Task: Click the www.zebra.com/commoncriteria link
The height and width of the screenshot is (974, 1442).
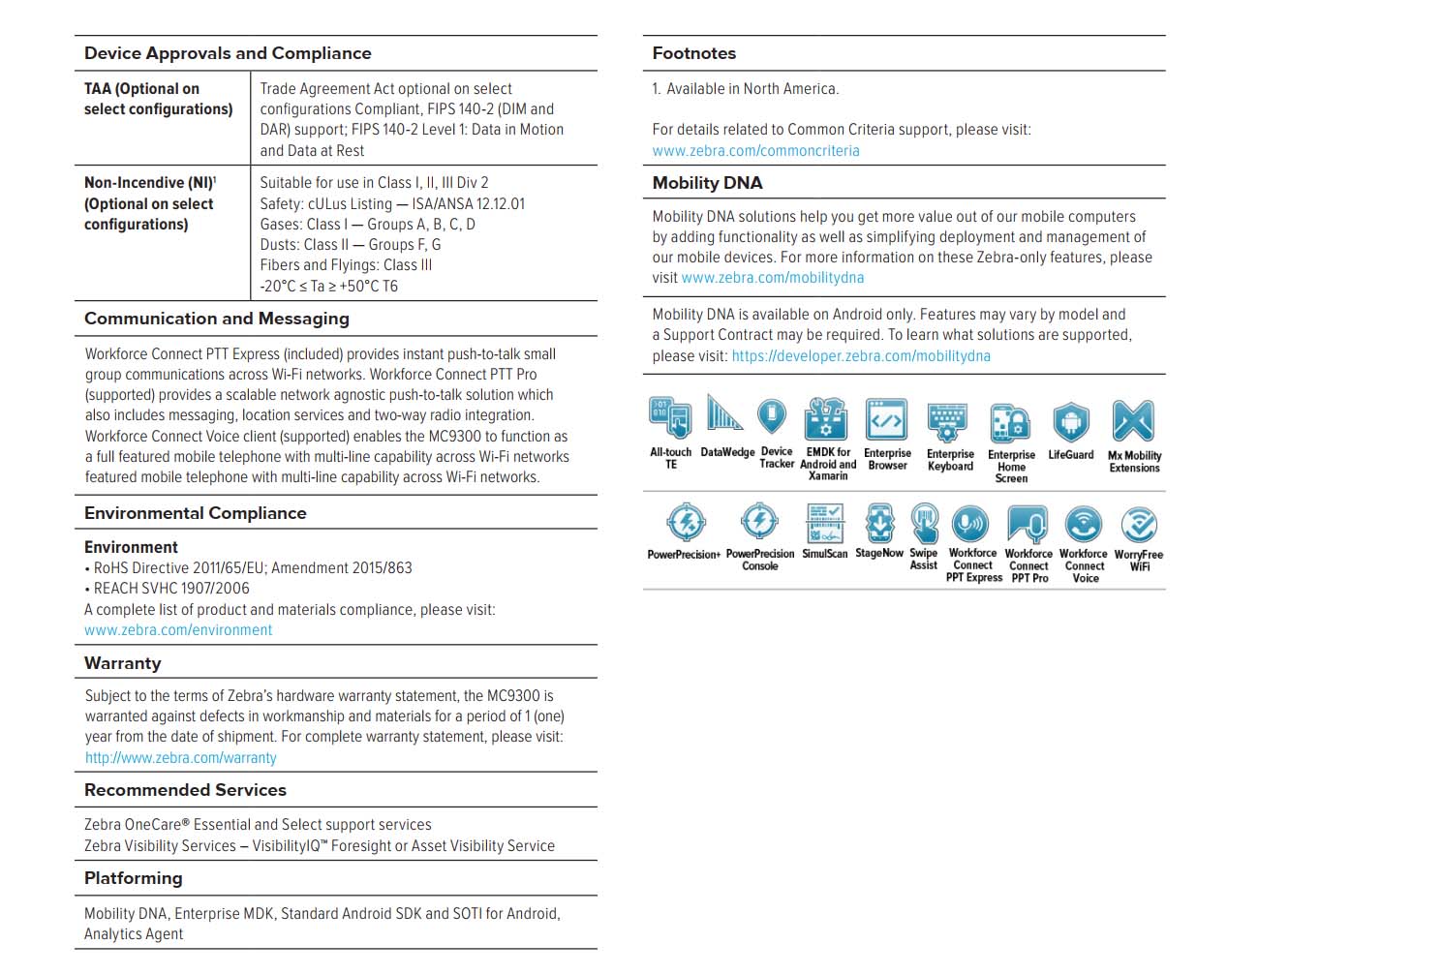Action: coord(755,150)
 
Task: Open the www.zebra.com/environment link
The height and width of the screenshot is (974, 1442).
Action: coord(178,630)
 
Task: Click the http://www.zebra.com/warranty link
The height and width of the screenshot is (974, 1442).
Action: coord(181,758)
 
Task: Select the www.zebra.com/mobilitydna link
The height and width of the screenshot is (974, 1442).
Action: coord(773,278)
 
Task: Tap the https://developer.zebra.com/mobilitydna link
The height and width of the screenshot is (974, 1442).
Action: coord(861,356)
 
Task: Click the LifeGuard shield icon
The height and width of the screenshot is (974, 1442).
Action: coord(1071,422)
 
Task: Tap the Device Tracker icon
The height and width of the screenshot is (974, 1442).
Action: coord(772,417)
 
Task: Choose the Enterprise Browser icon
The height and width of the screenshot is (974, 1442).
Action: coord(887,420)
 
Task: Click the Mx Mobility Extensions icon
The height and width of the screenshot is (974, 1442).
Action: coord(1133,422)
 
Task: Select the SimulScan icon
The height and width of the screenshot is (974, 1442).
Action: coord(824,523)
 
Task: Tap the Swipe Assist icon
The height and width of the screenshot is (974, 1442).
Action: coord(924,523)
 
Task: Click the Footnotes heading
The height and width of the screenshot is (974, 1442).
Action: coord(693,53)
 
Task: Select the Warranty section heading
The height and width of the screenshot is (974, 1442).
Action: coord(123,663)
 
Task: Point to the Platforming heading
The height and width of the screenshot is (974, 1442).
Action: coord(134,878)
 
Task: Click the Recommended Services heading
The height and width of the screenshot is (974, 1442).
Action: coord(185,790)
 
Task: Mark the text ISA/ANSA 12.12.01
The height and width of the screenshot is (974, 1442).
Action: coord(468,204)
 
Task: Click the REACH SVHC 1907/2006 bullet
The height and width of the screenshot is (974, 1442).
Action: coord(171,589)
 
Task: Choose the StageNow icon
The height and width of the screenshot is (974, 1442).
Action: coord(879,523)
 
